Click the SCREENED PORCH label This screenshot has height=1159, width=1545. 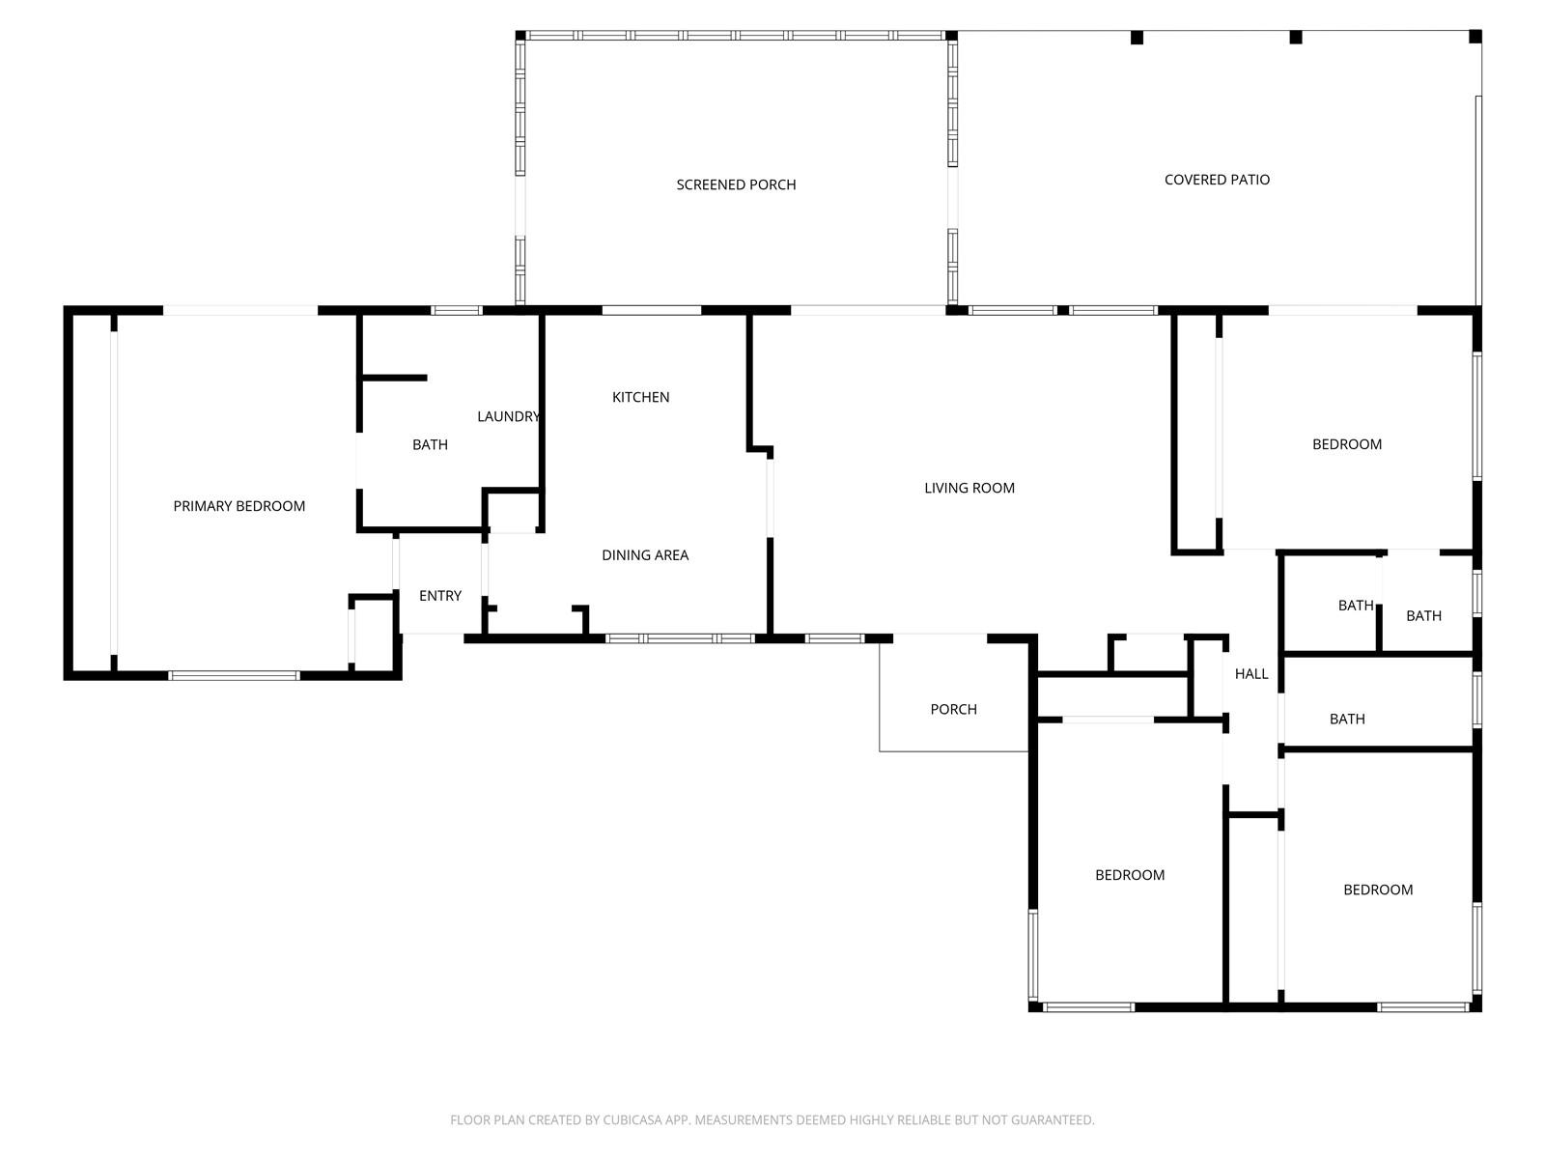pos(736,184)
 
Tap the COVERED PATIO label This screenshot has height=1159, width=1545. pos(1217,180)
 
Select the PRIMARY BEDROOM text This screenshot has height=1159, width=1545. pos(239,506)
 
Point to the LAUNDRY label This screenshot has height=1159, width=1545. pos(508,416)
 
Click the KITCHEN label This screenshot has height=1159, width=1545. pos(640,397)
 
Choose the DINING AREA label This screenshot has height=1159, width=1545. pos(645,555)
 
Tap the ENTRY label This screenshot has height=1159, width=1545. pos(440,596)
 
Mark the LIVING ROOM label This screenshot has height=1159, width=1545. pos(969,488)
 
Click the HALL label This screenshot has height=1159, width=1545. pos(1251,674)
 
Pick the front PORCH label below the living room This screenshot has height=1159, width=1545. pos(953,709)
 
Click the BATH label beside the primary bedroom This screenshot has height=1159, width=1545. pos(430,444)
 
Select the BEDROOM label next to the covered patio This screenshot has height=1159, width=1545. pos(1346,444)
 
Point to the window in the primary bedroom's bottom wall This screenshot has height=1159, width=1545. pos(235,675)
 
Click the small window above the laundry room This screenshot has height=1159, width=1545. pos(456,310)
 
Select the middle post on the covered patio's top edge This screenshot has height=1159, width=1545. pos(1295,38)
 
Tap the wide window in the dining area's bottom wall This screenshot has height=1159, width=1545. pos(679,639)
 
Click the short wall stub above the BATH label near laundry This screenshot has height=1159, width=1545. pos(393,378)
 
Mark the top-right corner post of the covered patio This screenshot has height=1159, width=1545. pos(1475,37)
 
